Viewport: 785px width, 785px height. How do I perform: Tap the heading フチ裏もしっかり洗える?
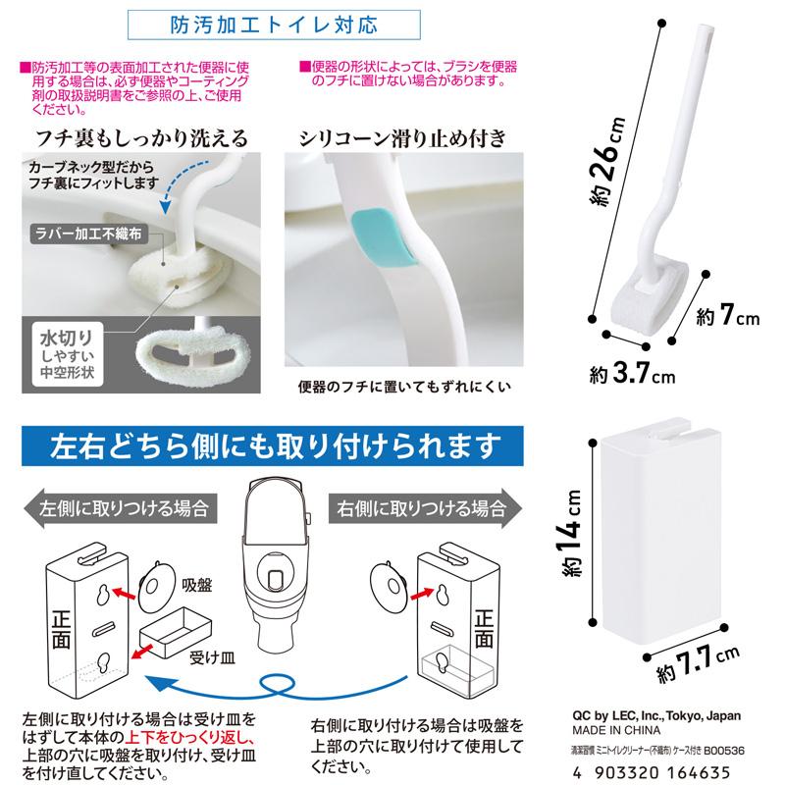coord(142,136)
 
